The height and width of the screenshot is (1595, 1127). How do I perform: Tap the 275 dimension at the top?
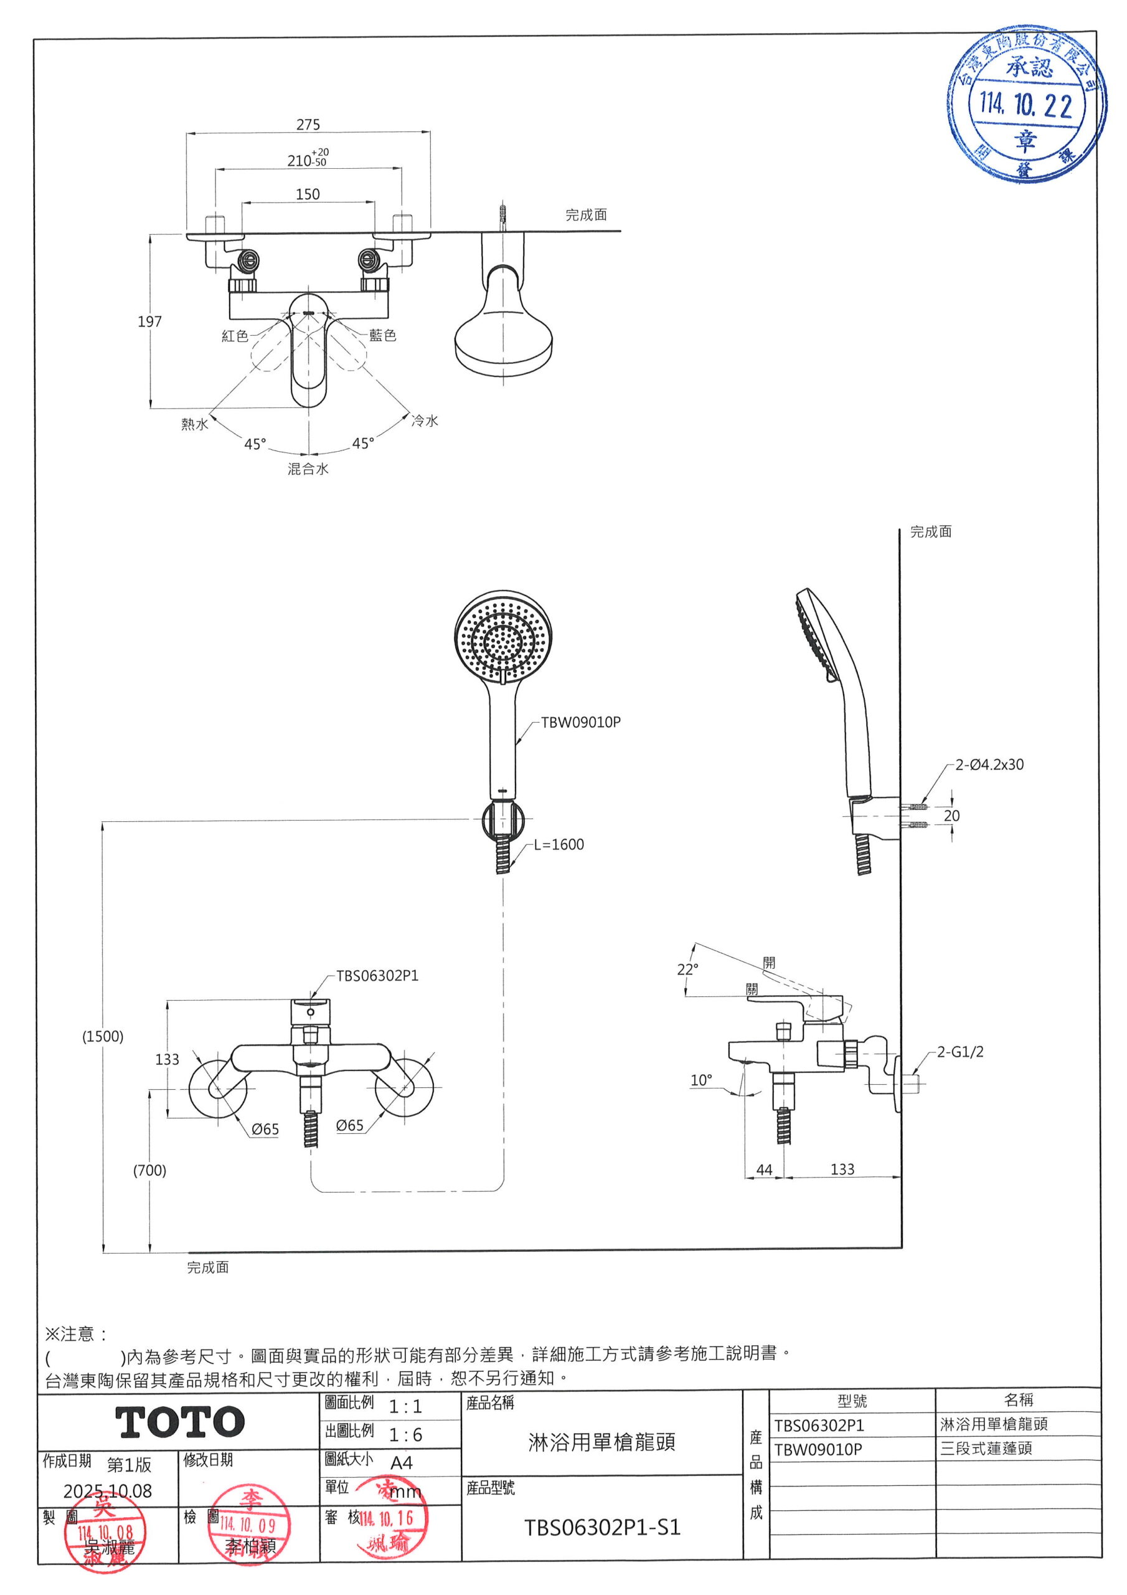(x=308, y=125)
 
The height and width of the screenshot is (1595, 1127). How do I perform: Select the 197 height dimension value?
(x=149, y=321)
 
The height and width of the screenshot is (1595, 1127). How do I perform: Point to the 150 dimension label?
(x=308, y=194)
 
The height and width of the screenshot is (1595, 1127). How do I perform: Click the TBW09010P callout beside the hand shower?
(x=580, y=723)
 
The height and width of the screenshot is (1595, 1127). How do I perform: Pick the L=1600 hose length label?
(x=559, y=845)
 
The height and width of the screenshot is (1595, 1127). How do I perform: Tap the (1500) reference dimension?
(x=103, y=1037)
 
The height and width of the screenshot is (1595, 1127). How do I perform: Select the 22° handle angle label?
(x=687, y=969)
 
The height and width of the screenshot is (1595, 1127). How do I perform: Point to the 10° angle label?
(x=700, y=1080)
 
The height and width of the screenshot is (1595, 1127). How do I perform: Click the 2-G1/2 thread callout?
(x=960, y=1052)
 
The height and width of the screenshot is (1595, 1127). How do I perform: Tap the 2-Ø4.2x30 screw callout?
(x=989, y=765)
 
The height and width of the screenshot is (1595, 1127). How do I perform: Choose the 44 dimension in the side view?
(x=764, y=1170)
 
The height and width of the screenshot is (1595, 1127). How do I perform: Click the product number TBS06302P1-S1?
(x=602, y=1528)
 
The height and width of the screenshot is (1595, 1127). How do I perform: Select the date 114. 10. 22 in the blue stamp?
(x=1026, y=105)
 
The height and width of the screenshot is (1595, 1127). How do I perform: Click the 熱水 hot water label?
(x=194, y=424)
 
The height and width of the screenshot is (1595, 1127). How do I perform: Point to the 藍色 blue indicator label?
(x=382, y=336)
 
